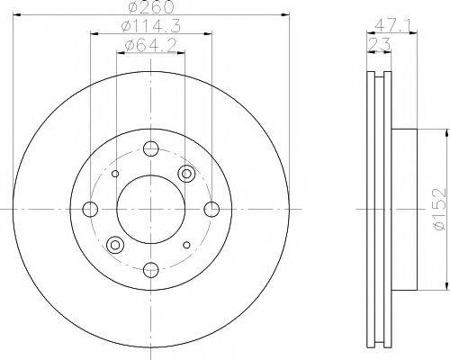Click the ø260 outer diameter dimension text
(x=149, y=7)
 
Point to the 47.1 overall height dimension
(x=389, y=27)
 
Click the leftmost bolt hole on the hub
(x=89, y=209)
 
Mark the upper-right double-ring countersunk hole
(x=186, y=174)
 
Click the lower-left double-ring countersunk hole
(x=114, y=244)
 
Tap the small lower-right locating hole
(x=185, y=244)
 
